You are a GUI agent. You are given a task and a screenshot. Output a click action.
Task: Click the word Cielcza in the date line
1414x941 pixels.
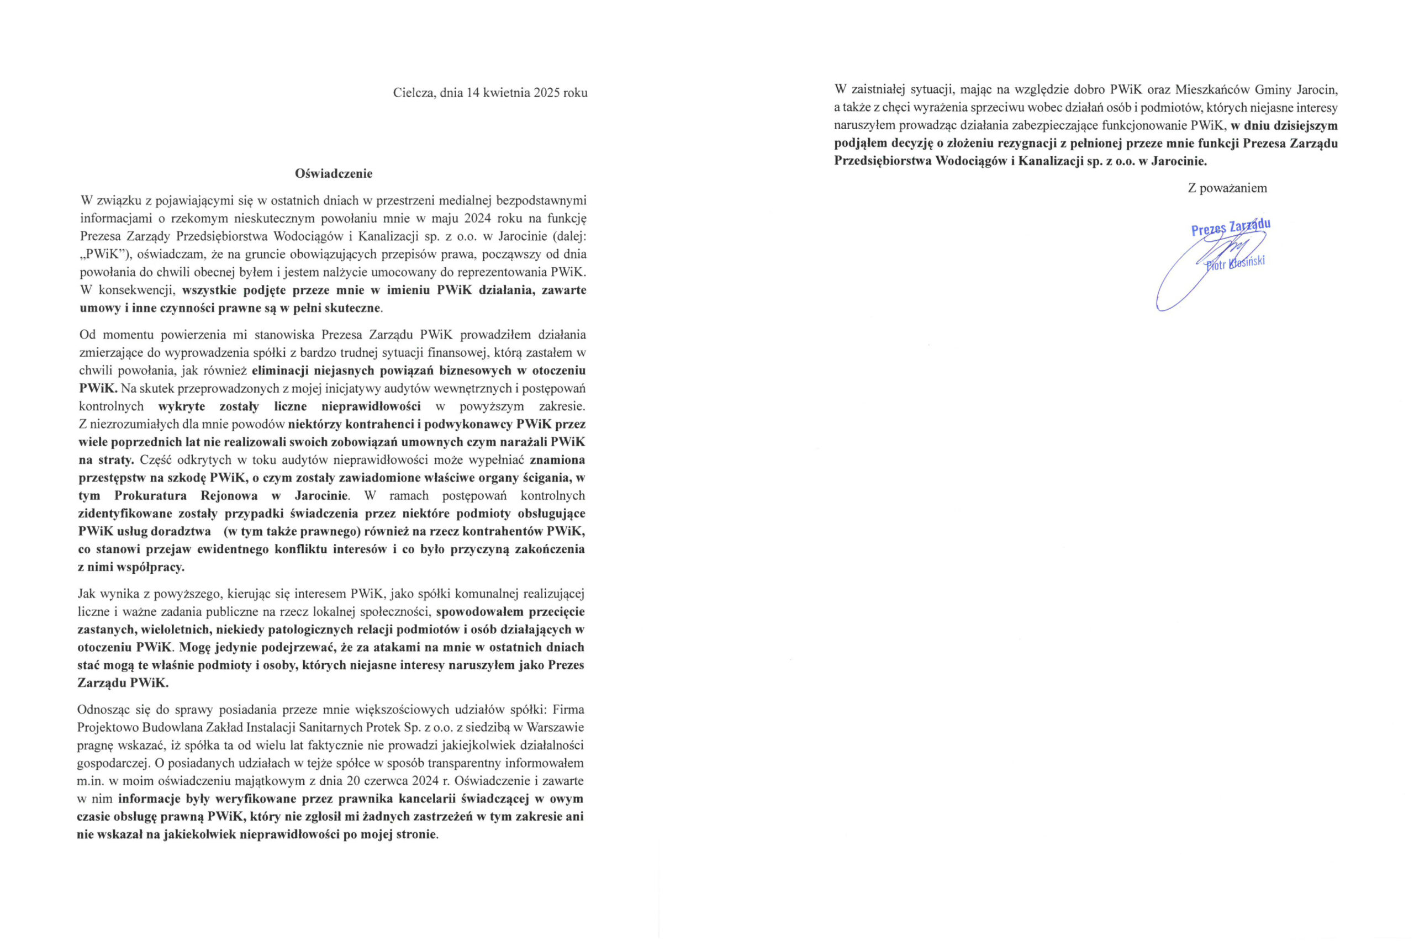tap(414, 93)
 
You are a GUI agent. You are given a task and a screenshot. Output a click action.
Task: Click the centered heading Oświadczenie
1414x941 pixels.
tap(334, 174)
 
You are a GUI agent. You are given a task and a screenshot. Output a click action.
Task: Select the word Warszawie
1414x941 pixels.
tap(555, 728)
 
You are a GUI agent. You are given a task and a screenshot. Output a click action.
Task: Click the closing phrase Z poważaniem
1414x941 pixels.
tap(1227, 188)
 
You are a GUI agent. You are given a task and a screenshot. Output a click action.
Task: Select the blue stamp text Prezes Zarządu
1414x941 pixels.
tap(1231, 228)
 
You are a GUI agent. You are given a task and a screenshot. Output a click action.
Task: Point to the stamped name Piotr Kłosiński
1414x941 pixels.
tap(1235, 264)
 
